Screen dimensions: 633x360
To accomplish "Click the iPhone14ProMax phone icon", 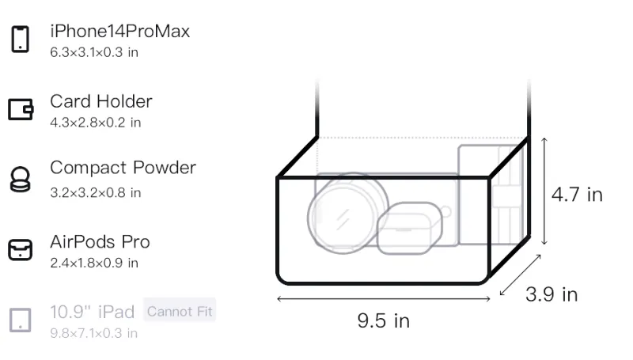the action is click(21, 39).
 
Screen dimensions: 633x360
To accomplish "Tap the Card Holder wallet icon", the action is click(21, 109).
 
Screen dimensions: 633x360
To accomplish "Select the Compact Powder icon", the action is click(21, 179).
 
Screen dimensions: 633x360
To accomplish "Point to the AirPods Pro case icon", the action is click(21, 250).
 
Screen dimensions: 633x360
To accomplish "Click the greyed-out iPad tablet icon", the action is click(21, 320).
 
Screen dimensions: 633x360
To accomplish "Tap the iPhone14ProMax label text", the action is click(120, 32).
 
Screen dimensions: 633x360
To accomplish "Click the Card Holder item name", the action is click(101, 101).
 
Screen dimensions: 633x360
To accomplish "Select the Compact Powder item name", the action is click(123, 168).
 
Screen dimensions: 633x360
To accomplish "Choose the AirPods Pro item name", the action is click(100, 242).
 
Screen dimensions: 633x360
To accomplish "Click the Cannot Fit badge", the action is click(180, 311).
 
